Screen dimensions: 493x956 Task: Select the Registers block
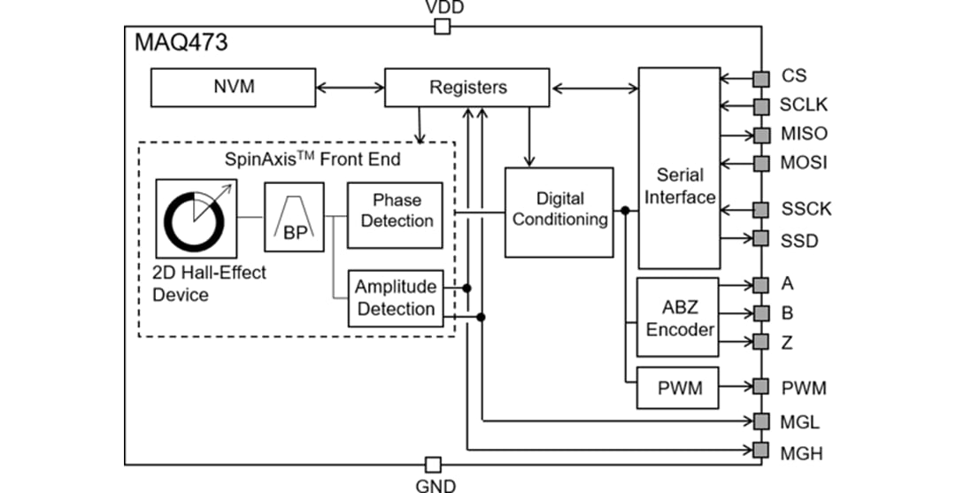tap(467, 87)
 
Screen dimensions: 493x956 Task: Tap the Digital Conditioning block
tap(559, 211)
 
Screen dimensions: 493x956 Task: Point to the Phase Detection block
tap(396, 210)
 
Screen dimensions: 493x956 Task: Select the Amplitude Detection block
tap(395, 298)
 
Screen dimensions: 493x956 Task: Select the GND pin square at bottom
tap(433, 465)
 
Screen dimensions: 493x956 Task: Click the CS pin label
tap(793, 77)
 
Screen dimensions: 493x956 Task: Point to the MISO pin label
tap(804, 135)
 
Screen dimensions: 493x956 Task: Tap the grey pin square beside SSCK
tap(760, 210)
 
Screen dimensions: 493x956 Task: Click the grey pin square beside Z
tap(760, 343)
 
